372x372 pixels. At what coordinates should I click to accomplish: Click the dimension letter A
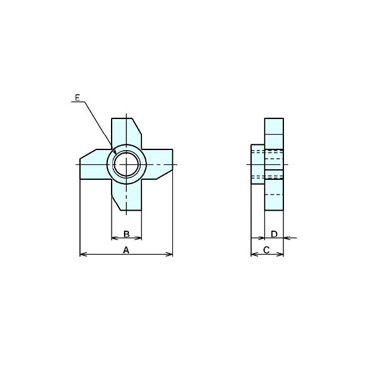[126, 250]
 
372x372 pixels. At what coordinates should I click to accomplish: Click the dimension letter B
[126, 234]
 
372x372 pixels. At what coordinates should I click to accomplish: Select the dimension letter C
[267, 250]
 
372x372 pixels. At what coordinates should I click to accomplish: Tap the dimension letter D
[274, 234]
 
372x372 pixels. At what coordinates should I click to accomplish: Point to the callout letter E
[77, 97]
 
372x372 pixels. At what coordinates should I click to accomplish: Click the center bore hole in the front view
[126, 164]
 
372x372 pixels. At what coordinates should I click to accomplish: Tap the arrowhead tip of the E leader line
[116, 154]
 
